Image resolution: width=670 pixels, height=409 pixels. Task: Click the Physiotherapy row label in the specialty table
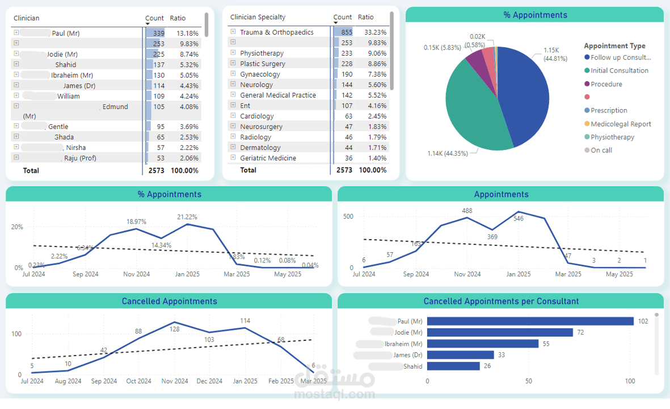pyautogui.click(x=262, y=53)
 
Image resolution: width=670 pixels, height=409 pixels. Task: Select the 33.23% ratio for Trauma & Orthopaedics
pyautogui.click(x=375, y=32)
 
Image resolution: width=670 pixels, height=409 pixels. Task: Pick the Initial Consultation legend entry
pyautogui.click(x=619, y=71)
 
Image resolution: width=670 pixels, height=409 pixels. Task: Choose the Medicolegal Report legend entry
pyautogui.click(x=621, y=124)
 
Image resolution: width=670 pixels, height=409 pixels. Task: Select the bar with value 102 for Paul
pyautogui.click(x=530, y=322)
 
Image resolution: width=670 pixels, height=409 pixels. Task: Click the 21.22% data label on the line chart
pyautogui.click(x=187, y=217)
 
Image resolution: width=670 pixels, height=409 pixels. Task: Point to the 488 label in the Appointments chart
pyautogui.click(x=467, y=211)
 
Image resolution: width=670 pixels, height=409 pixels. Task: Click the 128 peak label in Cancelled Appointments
pyautogui.click(x=174, y=329)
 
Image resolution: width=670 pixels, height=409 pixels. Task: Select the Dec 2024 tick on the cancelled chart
pyautogui.click(x=209, y=381)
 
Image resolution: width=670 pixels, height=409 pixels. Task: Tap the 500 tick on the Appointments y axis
pyautogui.click(x=348, y=216)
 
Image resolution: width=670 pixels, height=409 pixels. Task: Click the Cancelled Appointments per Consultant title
pyautogui.click(x=501, y=301)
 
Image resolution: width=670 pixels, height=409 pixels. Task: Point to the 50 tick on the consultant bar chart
pyautogui.click(x=529, y=381)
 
